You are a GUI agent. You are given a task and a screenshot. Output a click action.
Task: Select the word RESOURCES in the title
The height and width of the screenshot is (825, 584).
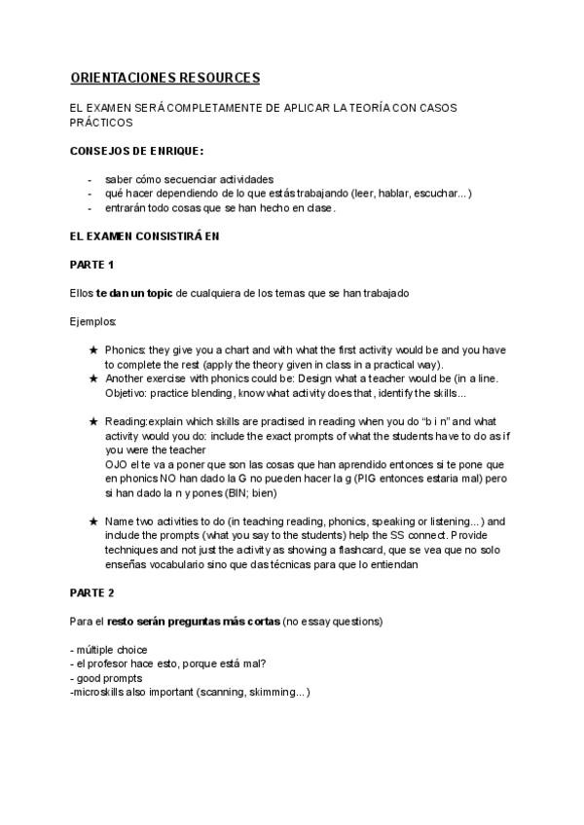tap(223, 77)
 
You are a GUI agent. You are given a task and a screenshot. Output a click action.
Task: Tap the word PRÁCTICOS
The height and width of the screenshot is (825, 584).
tap(101, 124)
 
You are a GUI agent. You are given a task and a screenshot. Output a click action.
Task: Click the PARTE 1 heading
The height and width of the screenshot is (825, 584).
tap(92, 265)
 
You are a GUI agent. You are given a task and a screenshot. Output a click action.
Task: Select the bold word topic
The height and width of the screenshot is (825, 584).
tap(158, 293)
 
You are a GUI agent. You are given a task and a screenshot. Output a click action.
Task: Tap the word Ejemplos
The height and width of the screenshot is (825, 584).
tap(93, 320)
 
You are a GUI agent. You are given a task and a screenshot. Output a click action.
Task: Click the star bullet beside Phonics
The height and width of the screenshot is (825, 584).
tap(92, 349)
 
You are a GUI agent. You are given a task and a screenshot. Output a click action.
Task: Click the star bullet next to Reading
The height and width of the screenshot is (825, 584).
tap(92, 421)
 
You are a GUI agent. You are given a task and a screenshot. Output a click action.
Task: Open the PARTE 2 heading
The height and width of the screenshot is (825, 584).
tap(92, 592)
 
